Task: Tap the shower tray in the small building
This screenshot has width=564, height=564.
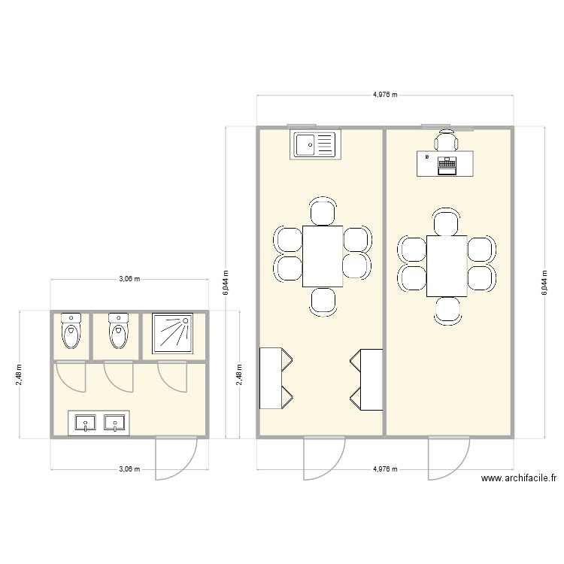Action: [174, 333]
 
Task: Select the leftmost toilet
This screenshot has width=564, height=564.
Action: [71, 332]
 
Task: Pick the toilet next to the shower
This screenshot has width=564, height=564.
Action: [117, 332]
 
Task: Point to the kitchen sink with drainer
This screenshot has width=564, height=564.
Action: [317, 144]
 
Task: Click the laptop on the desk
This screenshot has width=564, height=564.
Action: [447, 165]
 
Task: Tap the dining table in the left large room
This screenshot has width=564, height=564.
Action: [323, 256]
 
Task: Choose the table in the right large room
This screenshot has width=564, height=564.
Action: [447, 265]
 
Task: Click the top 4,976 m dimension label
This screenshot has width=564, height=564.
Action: [385, 96]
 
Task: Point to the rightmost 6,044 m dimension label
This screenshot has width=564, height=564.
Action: [544, 283]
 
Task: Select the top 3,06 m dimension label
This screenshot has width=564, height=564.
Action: [129, 279]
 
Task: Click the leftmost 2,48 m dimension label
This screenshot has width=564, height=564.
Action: [20, 374]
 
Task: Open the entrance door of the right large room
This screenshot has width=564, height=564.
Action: [448, 458]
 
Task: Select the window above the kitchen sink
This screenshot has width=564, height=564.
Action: [303, 126]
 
